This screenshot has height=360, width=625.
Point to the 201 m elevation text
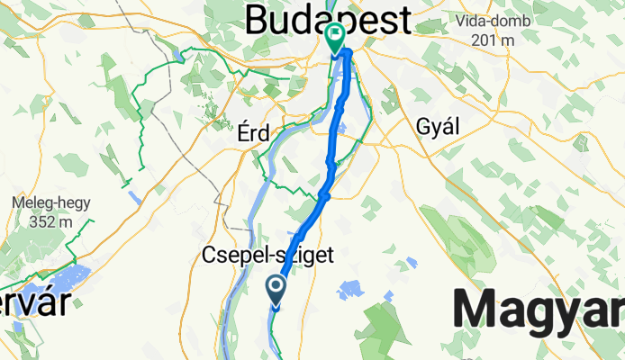[x=496, y=40]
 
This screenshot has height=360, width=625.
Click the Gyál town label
[x=438, y=126]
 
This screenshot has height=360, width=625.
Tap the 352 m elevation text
[x=40, y=223]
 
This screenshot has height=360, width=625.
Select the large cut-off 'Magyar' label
[x=539, y=310]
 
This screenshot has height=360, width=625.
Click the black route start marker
[x=276, y=288]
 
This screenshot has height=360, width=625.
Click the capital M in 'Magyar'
[x=477, y=310]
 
